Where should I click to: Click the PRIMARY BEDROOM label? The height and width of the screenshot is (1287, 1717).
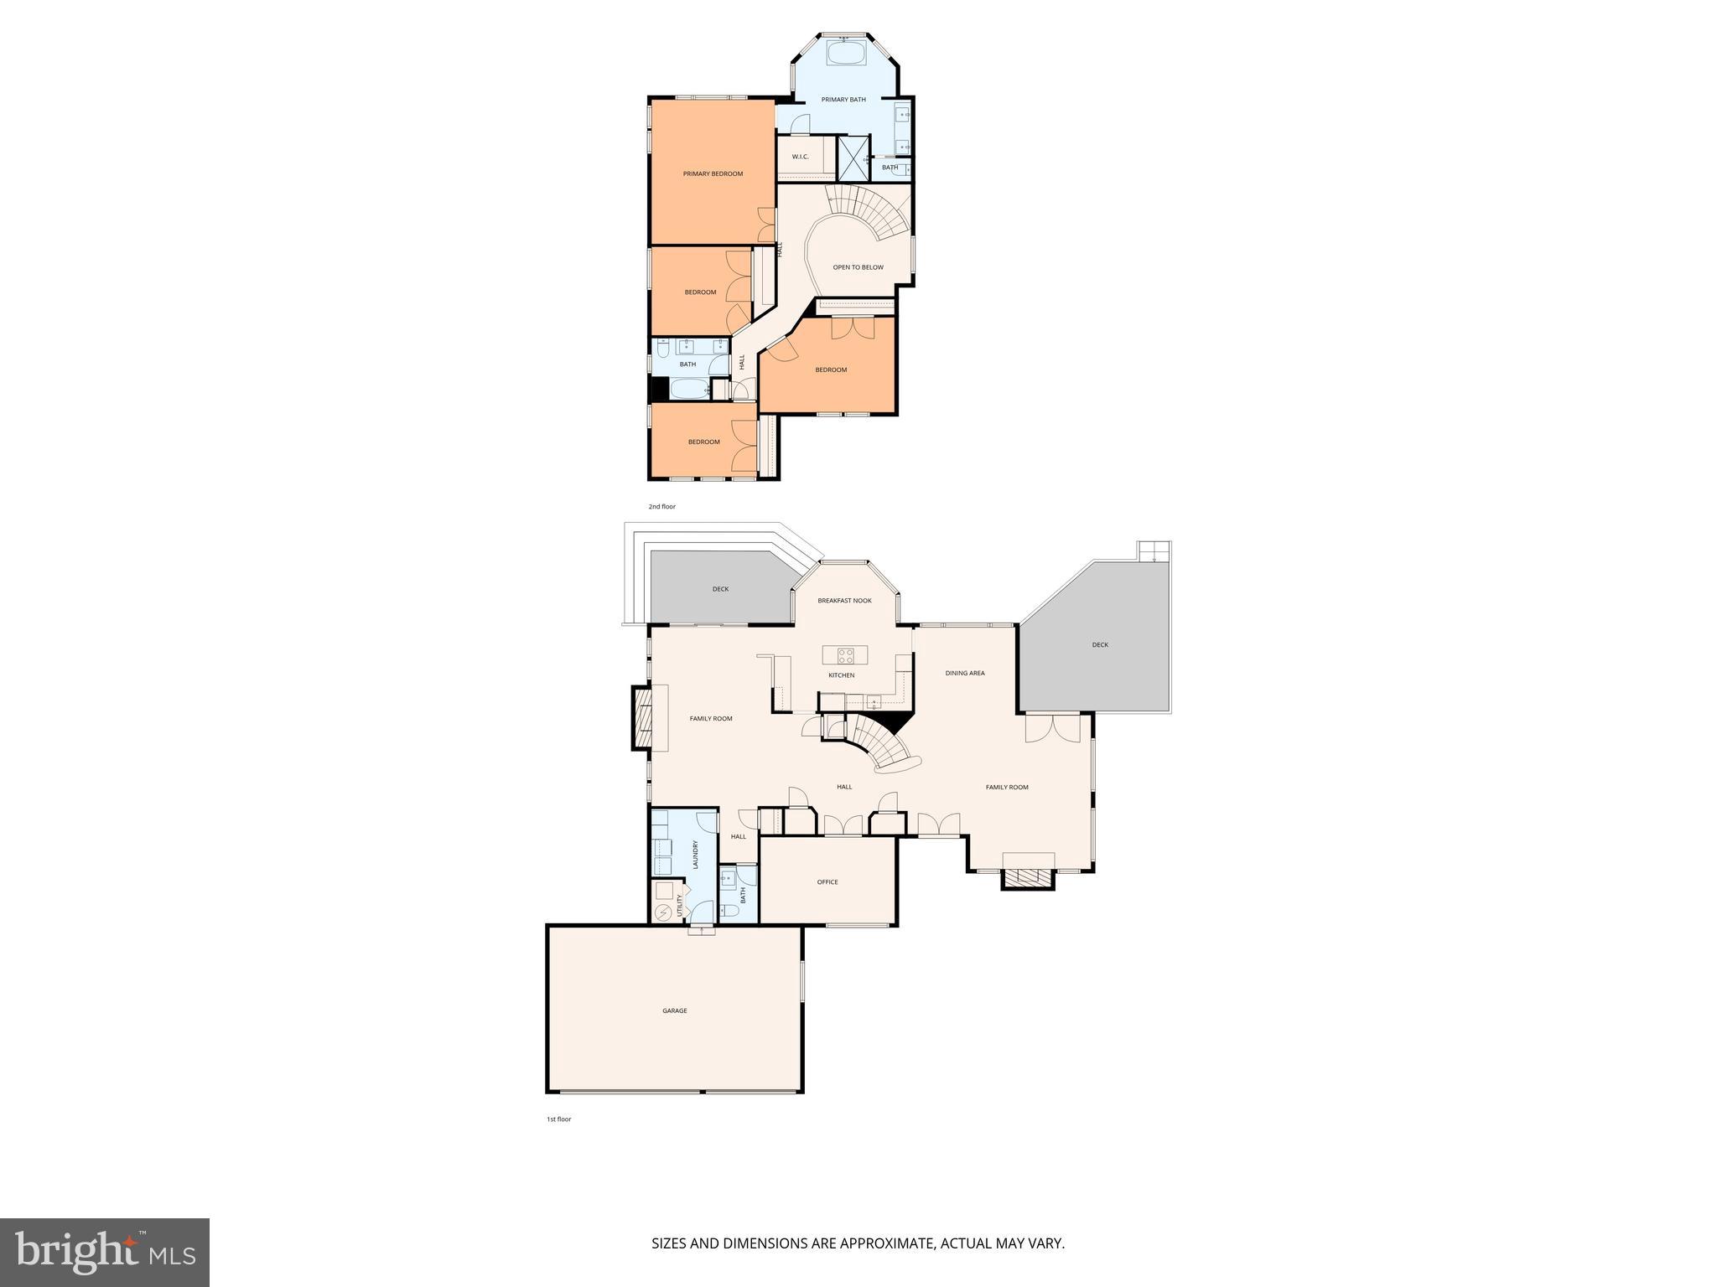pyautogui.click(x=713, y=174)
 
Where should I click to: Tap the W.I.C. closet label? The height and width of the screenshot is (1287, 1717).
pyautogui.click(x=800, y=157)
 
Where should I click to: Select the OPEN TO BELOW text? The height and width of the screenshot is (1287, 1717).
pyautogui.click(x=858, y=267)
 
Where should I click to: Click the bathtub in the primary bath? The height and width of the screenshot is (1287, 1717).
pyautogui.click(x=845, y=54)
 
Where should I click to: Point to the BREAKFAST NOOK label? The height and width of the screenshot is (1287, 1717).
pyautogui.click(x=844, y=601)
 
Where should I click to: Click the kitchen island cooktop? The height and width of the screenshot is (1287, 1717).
pyautogui.click(x=844, y=654)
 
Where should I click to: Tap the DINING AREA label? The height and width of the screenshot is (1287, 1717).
pyautogui.click(x=965, y=673)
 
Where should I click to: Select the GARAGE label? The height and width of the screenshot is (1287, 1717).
pyautogui.click(x=675, y=1010)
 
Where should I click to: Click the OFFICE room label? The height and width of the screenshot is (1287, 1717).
pyautogui.click(x=827, y=881)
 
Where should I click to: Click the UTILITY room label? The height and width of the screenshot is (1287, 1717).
pyautogui.click(x=679, y=906)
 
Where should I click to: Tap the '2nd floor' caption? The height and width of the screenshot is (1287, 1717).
pyautogui.click(x=661, y=507)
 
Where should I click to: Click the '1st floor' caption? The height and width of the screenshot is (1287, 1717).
pyautogui.click(x=558, y=1119)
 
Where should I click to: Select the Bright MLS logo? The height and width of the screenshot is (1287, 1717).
pyautogui.click(x=105, y=1253)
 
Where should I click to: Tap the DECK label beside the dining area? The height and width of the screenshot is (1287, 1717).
pyautogui.click(x=1100, y=645)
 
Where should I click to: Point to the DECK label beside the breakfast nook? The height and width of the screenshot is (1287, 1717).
pyautogui.click(x=720, y=589)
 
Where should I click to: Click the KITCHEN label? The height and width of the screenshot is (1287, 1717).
pyautogui.click(x=841, y=675)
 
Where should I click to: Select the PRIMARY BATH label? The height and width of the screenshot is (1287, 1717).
pyautogui.click(x=843, y=100)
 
